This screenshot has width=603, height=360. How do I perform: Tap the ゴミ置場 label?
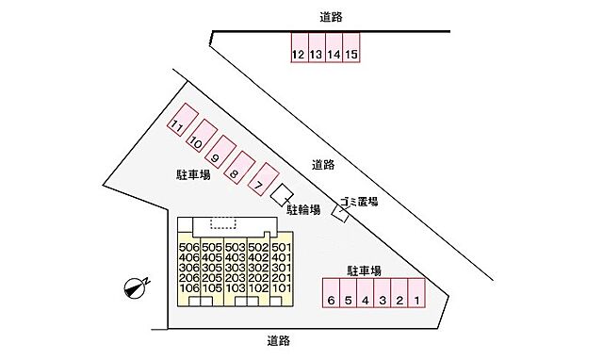[x=360, y=202]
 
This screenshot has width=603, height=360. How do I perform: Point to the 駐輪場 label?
[x=303, y=209]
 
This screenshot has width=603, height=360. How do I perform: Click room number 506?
[x=187, y=248]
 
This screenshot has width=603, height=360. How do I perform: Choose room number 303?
[x=235, y=269]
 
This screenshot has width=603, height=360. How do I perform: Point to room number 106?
[x=187, y=289]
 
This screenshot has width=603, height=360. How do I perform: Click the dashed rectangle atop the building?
[x=223, y=223]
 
